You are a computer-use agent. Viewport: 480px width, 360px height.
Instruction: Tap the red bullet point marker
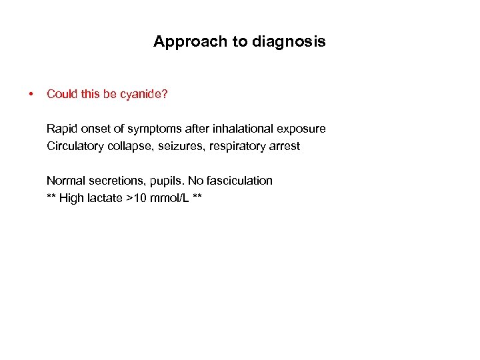31,94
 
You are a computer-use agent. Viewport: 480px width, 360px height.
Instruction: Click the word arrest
285,146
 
